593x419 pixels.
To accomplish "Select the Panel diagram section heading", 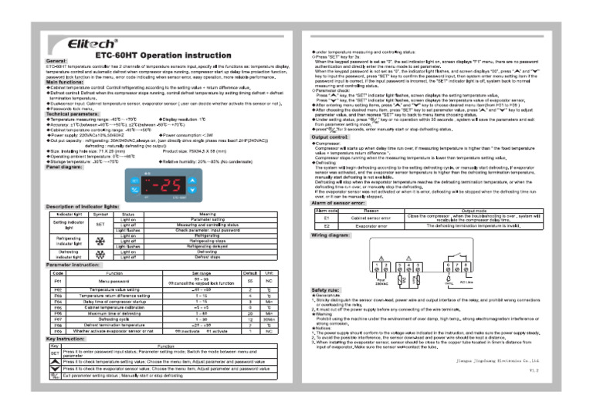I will click(x=66, y=144).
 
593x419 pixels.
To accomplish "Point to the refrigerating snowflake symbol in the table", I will click(x=100, y=241).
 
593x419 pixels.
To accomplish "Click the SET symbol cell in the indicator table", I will click(x=100, y=224).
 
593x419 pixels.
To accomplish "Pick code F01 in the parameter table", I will click(x=58, y=282).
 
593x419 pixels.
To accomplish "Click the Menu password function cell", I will click(x=114, y=282).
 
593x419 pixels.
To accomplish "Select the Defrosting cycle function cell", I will click(x=114, y=319).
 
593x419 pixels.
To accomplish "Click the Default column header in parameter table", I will click(x=249, y=273).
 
